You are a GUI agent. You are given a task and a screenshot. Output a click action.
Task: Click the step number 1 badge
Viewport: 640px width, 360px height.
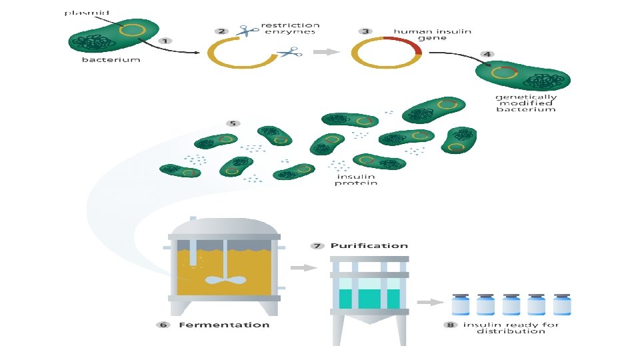(x=165, y=41)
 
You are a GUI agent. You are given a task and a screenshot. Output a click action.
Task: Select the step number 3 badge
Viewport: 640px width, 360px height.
(x=365, y=31)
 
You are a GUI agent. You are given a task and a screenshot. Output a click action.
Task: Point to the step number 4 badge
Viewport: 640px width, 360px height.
(x=488, y=54)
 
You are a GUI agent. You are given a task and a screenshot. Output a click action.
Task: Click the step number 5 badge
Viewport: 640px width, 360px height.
(x=233, y=123)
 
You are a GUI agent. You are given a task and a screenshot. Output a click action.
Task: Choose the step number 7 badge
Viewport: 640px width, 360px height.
(x=317, y=246)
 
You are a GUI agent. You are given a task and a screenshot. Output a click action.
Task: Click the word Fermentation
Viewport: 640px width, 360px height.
(x=224, y=325)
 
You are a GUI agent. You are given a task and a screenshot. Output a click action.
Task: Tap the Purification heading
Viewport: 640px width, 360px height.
(x=369, y=246)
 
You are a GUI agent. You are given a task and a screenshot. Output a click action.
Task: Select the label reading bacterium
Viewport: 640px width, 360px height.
(x=111, y=60)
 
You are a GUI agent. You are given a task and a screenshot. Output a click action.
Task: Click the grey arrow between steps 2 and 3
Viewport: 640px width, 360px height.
(x=325, y=52)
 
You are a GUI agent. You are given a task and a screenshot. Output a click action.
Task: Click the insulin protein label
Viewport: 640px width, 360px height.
(x=355, y=179)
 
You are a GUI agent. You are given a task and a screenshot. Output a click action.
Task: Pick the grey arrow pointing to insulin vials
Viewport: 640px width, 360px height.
(x=435, y=302)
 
